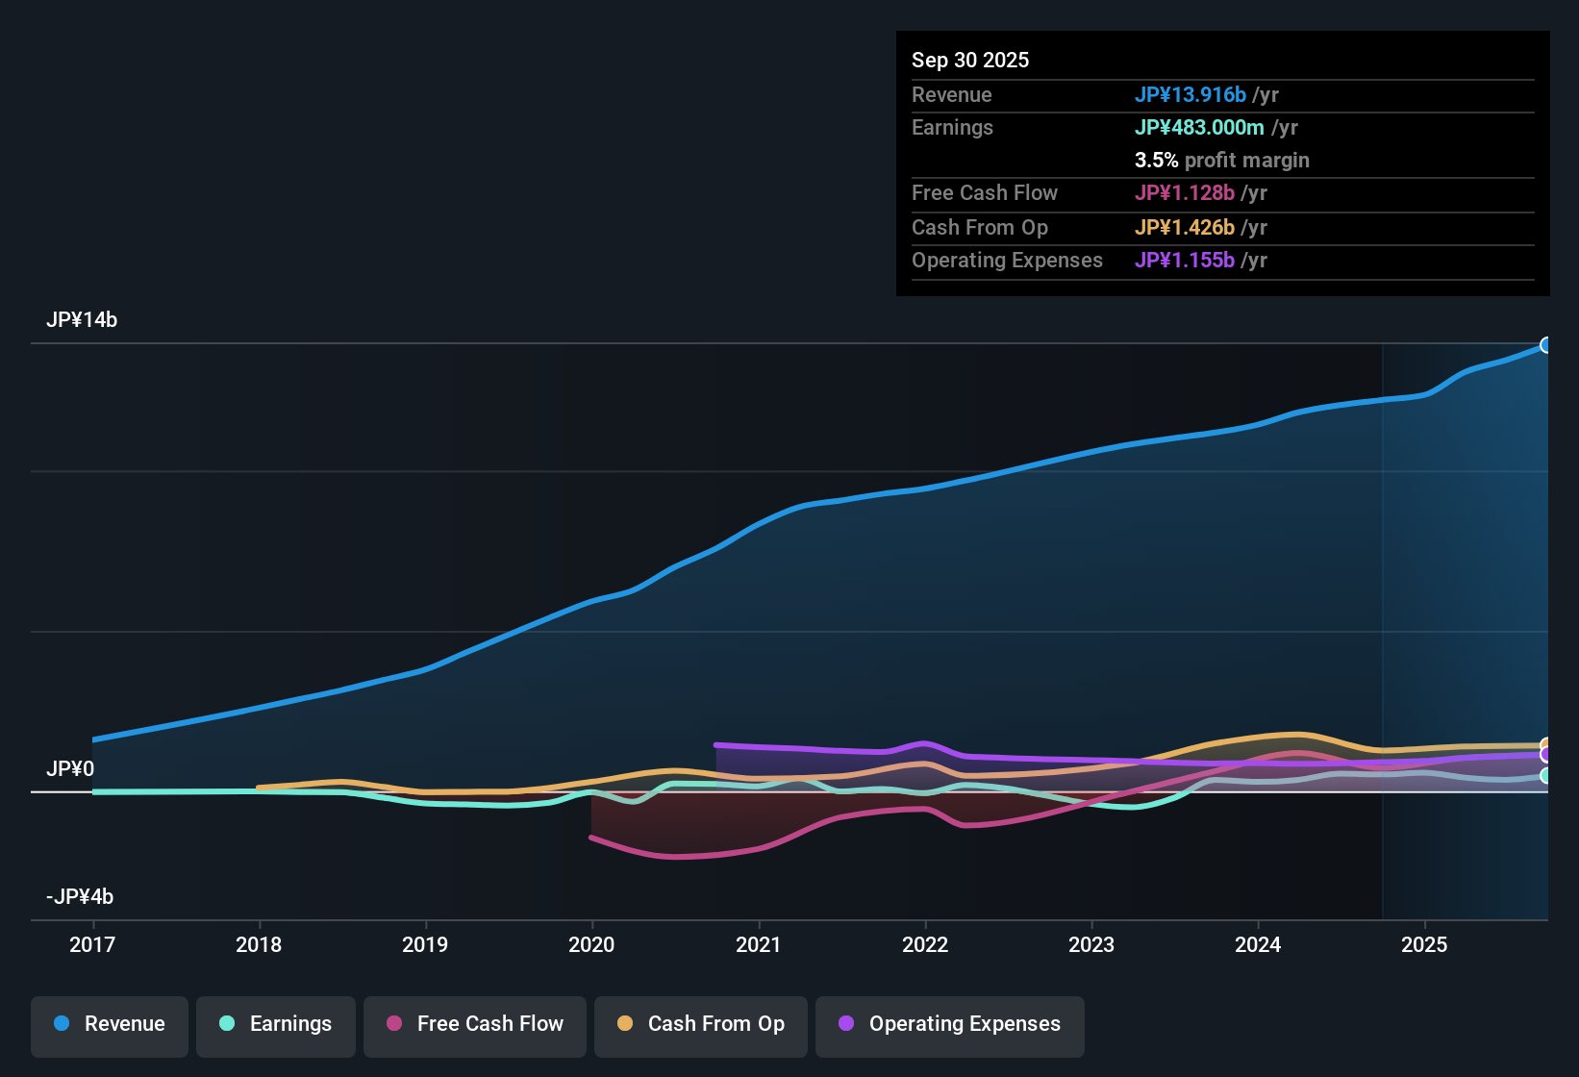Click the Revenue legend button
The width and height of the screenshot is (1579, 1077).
110,1024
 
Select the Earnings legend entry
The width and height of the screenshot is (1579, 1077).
276,1024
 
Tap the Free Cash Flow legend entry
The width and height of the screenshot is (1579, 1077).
475,1024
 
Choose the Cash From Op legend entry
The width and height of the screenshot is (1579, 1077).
701,1024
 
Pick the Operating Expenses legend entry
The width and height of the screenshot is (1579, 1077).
950,1024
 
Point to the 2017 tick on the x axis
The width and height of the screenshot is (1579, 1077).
92,944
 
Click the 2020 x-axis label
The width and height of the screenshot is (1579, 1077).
591,944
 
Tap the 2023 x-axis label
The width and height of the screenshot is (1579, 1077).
1091,944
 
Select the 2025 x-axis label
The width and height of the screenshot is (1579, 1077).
1424,944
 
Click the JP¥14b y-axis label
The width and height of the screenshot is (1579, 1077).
82,320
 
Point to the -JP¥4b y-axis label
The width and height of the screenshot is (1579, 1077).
80,897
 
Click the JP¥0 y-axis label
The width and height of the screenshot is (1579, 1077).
70,769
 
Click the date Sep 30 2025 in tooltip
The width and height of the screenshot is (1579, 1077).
970,61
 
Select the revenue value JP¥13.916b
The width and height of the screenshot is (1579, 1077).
1191,95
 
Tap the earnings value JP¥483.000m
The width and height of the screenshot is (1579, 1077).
1199,128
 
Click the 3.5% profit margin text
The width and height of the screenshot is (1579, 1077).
1221,161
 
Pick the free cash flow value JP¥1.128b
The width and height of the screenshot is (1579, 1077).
1185,193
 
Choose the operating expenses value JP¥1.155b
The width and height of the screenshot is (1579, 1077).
1185,261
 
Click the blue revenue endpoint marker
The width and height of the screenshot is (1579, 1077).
1546,345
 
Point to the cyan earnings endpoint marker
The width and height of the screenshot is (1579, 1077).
1546,775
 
